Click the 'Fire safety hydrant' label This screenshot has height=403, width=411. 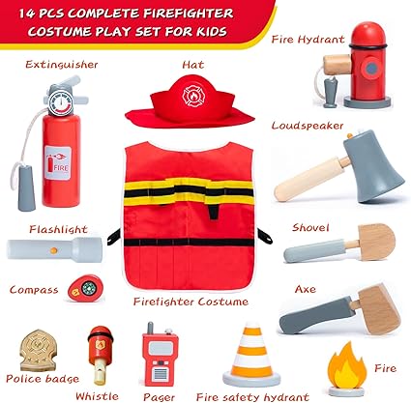[247, 395]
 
